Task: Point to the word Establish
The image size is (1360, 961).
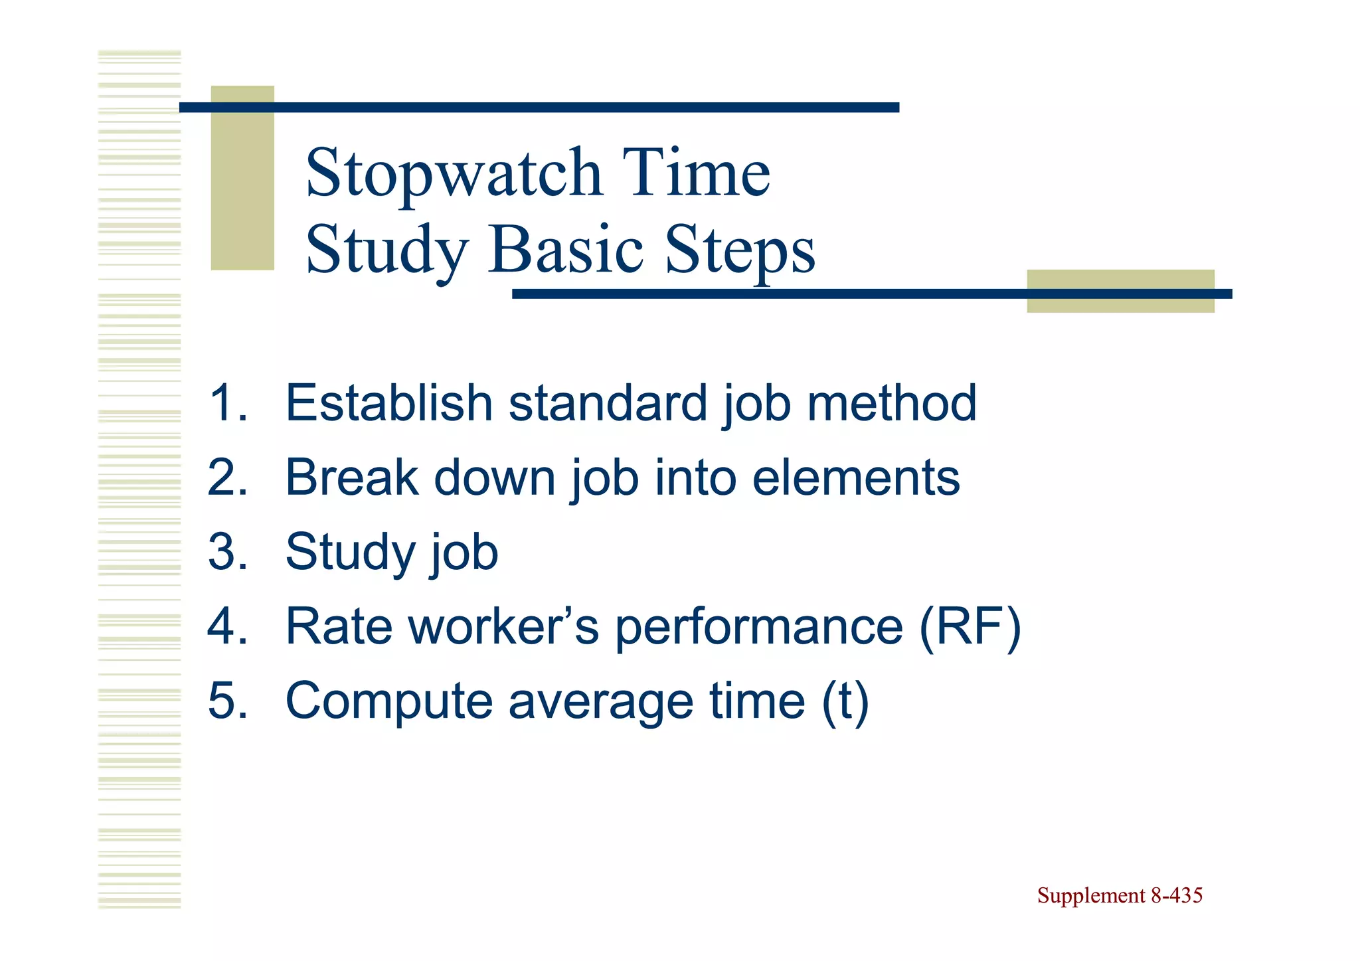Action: pos(388,403)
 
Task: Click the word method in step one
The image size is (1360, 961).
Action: pos(891,403)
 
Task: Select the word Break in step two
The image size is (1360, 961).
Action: pos(352,478)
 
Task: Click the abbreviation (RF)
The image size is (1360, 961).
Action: pos(970,627)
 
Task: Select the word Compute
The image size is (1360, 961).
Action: pos(388,702)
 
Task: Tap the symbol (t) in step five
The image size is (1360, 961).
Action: pos(845,702)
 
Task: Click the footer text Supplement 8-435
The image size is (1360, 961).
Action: pos(1120,896)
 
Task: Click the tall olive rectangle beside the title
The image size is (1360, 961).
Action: pos(242,178)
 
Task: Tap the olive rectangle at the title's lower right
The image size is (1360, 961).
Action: pos(1120,291)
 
